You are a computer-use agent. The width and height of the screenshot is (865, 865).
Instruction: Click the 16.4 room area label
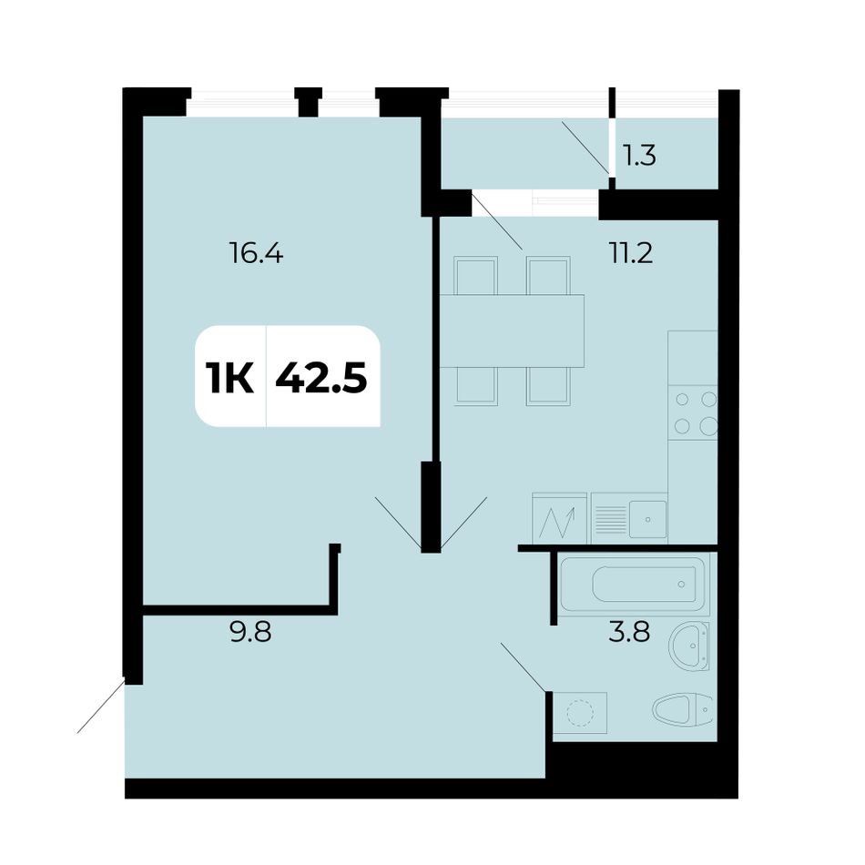[x=256, y=254]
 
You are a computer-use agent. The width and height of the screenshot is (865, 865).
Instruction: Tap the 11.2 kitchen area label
[x=631, y=253]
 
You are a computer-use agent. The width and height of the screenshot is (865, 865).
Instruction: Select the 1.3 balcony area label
[x=639, y=156]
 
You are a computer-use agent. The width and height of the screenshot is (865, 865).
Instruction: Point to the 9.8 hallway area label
[x=250, y=631]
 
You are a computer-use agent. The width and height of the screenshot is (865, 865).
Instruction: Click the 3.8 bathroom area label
[x=629, y=631]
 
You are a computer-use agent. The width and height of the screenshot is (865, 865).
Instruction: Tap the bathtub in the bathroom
[x=634, y=585]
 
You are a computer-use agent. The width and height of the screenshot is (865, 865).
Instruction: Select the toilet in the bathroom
[x=682, y=709]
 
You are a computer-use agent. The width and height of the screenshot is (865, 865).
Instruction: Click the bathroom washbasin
[x=689, y=646]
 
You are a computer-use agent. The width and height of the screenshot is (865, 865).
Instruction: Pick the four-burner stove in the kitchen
[x=693, y=412]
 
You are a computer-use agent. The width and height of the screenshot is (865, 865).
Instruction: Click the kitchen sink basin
[x=648, y=519]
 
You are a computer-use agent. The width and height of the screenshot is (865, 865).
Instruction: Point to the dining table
[x=512, y=331]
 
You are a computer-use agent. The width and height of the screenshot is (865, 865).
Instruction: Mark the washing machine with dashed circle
[x=580, y=713]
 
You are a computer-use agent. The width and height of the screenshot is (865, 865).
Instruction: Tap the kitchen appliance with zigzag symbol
[x=559, y=518]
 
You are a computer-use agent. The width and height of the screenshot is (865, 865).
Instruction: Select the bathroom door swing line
[x=524, y=667]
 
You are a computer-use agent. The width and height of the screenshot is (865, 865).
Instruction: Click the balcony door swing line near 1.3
[x=585, y=148]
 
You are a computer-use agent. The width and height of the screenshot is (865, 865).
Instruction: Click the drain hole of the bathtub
[x=682, y=585]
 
